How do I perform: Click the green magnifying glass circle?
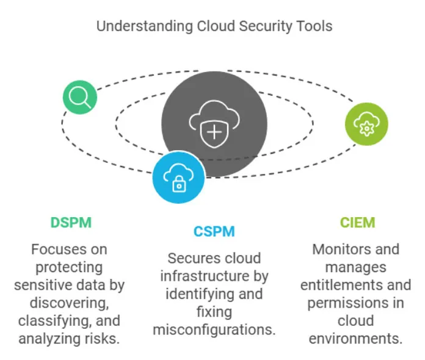point(80,97)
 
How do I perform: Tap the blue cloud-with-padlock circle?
point(178,178)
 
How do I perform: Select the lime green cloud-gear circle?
point(366,124)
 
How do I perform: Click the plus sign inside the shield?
point(214,132)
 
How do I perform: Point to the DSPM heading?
point(71,223)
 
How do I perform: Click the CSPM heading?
point(214,232)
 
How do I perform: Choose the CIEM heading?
point(357,223)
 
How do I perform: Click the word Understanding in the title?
point(145,26)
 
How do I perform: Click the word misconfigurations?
point(214,330)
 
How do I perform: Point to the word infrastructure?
point(205,276)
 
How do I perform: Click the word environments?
point(355,339)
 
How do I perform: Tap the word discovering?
point(70,303)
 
